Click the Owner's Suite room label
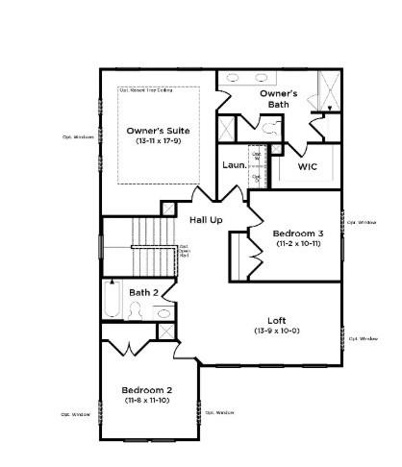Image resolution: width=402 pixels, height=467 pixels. [x=158, y=130]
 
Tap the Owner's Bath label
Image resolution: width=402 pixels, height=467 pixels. [x=278, y=98]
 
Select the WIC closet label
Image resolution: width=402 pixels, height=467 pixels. [x=307, y=166]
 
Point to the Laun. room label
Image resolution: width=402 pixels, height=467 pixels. [x=234, y=165]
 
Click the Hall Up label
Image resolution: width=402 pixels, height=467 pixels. [x=206, y=220]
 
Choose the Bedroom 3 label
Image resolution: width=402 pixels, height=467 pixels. [x=297, y=233]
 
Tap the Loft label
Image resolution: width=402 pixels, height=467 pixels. [x=277, y=320]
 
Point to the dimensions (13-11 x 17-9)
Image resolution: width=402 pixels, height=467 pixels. [x=158, y=141]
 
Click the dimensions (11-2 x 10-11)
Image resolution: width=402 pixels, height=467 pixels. [x=297, y=244]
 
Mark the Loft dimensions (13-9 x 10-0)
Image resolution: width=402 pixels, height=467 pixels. [x=277, y=331]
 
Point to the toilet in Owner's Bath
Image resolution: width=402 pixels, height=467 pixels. [x=272, y=125]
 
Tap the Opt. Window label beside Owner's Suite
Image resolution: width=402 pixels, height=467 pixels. [x=78, y=136]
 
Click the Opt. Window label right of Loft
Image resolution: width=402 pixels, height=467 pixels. [x=363, y=338]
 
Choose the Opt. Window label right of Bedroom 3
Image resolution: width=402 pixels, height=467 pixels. [x=361, y=222]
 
